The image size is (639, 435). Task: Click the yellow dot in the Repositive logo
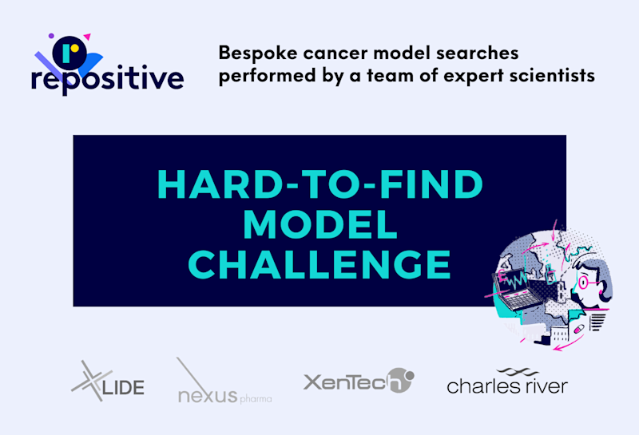[74, 48]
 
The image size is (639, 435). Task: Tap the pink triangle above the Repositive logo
[87, 37]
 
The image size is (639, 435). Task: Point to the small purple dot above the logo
[51, 36]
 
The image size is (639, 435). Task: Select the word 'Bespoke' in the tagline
[257, 53]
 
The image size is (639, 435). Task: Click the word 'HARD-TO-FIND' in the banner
[320, 184]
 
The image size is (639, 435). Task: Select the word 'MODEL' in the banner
[320, 224]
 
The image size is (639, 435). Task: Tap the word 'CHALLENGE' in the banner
[320, 264]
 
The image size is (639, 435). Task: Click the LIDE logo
[108, 381]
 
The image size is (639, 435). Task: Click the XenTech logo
[359, 381]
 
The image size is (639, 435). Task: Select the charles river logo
[507, 382]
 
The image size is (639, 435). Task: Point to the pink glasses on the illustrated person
[585, 283]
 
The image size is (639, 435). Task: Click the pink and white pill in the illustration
[578, 329]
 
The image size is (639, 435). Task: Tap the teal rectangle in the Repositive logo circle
[66, 53]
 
